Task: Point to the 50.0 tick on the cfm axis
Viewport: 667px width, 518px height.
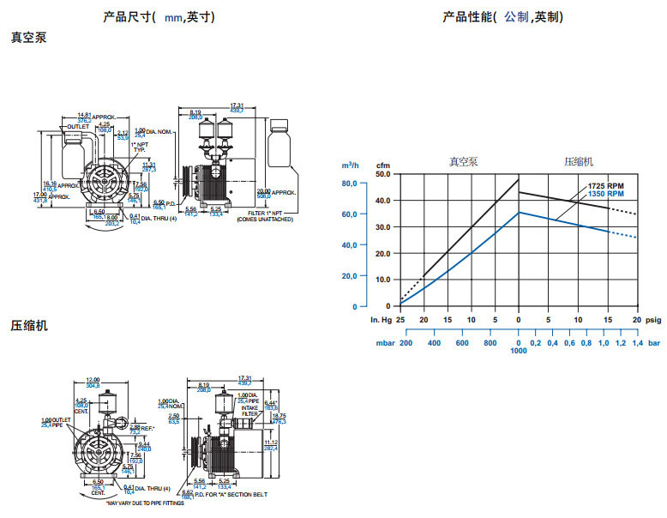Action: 382,173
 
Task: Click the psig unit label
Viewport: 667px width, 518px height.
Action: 653,320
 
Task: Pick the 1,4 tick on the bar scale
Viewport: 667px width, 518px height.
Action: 637,343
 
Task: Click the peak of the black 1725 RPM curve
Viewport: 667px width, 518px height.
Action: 520,179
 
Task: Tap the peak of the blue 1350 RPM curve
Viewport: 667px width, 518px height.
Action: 520,212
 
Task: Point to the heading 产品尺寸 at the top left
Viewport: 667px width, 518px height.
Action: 126,16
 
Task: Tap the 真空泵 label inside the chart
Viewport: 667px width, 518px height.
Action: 463,161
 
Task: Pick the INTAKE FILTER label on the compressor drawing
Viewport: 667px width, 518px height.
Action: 249,410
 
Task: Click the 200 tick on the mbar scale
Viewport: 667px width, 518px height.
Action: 406,343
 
